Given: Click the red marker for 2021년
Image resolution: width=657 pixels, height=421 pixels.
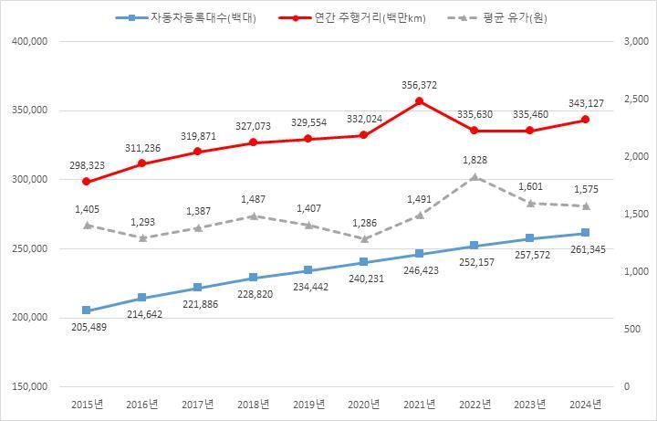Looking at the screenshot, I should pos(419,101).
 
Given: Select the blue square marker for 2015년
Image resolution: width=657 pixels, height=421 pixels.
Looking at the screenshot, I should pos(87,310).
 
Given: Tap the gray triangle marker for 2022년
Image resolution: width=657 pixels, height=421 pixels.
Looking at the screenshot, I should pos(474,177).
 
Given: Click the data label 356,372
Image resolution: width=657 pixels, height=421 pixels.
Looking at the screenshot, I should pos(419,84).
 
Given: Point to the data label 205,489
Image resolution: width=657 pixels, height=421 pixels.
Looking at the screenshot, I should pos(87,328).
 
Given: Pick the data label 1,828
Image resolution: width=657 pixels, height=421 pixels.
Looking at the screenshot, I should pos(474,160).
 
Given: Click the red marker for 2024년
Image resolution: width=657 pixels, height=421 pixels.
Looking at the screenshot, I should pos(585,120).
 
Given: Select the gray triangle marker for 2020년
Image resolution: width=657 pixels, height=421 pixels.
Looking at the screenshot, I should pos(363,239).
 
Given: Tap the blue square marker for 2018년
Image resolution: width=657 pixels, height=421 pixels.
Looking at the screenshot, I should pos(253,278).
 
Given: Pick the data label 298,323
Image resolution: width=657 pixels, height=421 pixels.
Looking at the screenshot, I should pos(87,164).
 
